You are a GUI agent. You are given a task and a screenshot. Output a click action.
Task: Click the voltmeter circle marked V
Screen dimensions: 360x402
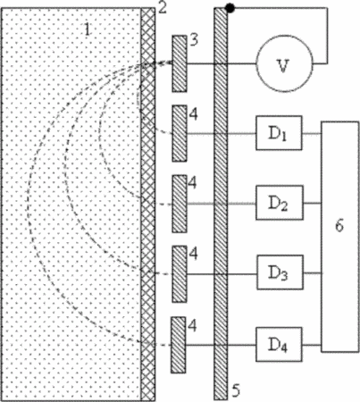point(284,63)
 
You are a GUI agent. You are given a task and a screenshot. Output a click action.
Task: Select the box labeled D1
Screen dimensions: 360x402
point(279,133)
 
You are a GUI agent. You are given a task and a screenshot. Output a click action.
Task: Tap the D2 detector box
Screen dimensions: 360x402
point(280,203)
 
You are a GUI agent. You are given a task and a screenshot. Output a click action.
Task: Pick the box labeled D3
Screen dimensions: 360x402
point(280,272)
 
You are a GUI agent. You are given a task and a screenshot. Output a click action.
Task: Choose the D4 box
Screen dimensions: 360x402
point(279,345)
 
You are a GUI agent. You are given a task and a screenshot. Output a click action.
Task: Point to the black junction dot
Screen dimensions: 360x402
point(230,8)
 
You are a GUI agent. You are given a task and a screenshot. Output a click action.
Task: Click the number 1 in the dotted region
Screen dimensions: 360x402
point(87,29)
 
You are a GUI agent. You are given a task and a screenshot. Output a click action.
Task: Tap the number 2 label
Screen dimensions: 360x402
point(162,8)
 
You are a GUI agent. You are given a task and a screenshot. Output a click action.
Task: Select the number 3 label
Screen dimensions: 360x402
point(194,40)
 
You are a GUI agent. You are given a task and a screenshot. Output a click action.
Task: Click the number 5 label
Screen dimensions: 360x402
point(236,391)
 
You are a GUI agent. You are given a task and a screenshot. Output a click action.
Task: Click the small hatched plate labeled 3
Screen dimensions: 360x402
point(180,63)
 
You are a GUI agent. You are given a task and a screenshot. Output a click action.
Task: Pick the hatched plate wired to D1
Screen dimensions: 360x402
point(180,133)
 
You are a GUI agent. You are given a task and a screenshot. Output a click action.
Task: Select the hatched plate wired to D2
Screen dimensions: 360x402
point(180,204)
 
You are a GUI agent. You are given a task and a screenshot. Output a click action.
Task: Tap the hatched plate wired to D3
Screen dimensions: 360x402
point(180,274)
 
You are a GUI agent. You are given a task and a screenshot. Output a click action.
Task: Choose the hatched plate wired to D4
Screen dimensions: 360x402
point(178,345)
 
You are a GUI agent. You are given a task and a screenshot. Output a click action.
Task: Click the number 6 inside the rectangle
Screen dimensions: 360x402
point(339,225)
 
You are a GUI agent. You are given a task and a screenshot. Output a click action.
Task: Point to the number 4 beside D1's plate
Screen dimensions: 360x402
point(194,114)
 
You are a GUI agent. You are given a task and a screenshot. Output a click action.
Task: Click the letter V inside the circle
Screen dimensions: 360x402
point(283,66)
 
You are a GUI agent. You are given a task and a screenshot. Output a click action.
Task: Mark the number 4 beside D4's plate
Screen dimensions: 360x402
point(193,326)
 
